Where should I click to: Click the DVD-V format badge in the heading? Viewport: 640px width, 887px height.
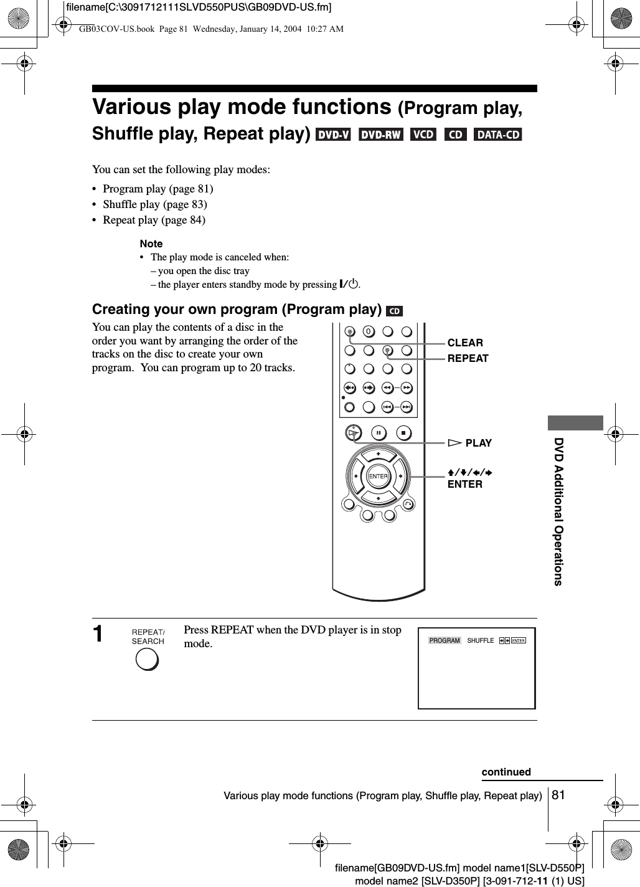(x=333, y=135)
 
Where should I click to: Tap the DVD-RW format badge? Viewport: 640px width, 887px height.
(x=380, y=135)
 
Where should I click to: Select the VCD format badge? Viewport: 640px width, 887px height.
(x=424, y=135)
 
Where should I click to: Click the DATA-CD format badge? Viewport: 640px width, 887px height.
(x=498, y=135)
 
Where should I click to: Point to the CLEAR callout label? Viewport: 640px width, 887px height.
(x=465, y=343)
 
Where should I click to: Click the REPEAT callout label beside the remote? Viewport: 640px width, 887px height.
(x=468, y=358)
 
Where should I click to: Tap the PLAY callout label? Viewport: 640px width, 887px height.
(x=478, y=443)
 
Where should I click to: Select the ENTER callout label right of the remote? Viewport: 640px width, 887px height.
(x=465, y=484)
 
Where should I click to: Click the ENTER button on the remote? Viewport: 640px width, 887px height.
(x=378, y=477)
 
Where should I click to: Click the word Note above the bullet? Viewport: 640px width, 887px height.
(x=151, y=244)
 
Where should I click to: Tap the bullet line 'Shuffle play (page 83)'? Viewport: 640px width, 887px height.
(x=154, y=204)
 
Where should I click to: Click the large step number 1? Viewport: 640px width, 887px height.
(x=98, y=634)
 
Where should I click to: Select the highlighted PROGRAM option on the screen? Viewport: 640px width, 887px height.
(x=445, y=640)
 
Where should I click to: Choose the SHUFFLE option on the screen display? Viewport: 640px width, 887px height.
(x=480, y=640)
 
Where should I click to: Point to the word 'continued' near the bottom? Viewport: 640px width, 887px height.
(x=506, y=772)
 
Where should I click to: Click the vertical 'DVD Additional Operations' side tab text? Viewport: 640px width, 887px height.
(x=558, y=511)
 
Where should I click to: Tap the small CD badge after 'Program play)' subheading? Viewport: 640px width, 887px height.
(x=394, y=310)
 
